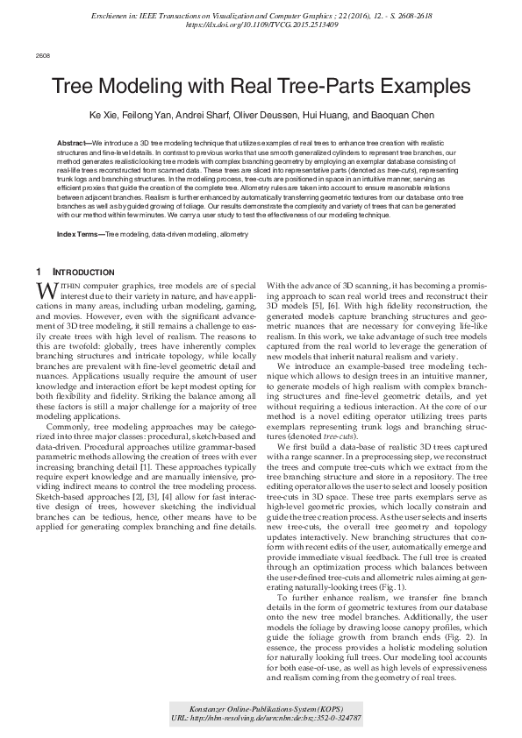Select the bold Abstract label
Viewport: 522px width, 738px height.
(x=73, y=142)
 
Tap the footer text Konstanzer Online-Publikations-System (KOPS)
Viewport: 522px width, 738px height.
(x=261, y=707)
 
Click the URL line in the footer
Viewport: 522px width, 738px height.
(x=261, y=717)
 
